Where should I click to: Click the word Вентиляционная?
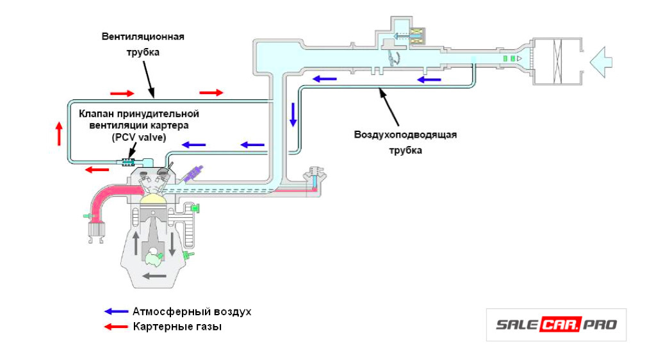(x=143, y=37)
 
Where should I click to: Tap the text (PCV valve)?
(x=139, y=137)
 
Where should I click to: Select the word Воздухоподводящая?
(x=405, y=135)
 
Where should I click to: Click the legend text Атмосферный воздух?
(x=192, y=312)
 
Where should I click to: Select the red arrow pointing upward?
(x=59, y=133)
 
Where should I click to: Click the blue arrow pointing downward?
(x=293, y=113)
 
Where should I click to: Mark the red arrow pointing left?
(x=97, y=170)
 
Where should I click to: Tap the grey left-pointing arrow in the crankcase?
(x=154, y=276)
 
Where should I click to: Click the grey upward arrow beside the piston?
(x=136, y=244)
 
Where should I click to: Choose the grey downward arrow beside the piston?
(x=172, y=244)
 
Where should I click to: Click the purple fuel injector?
(x=194, y=174)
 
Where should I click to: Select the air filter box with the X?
(x=557, y=61)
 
